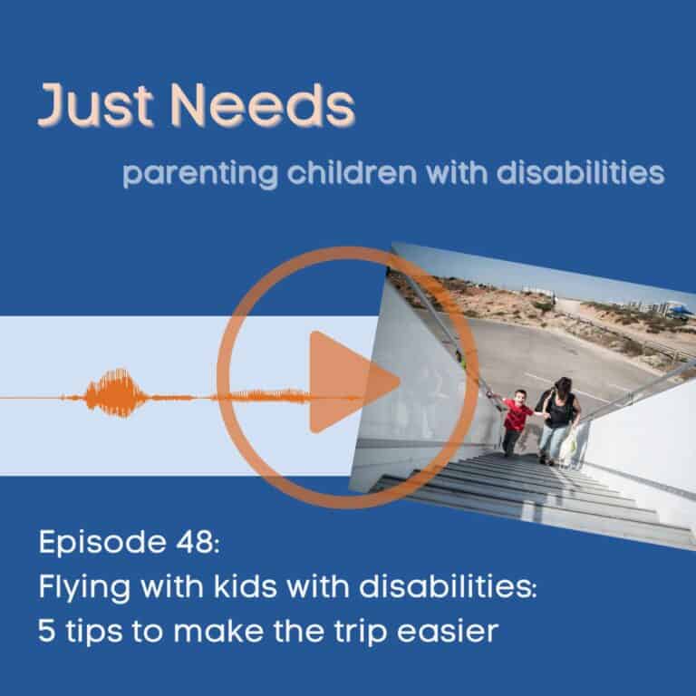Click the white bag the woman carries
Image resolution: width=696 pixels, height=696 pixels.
(x=568, y=445)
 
